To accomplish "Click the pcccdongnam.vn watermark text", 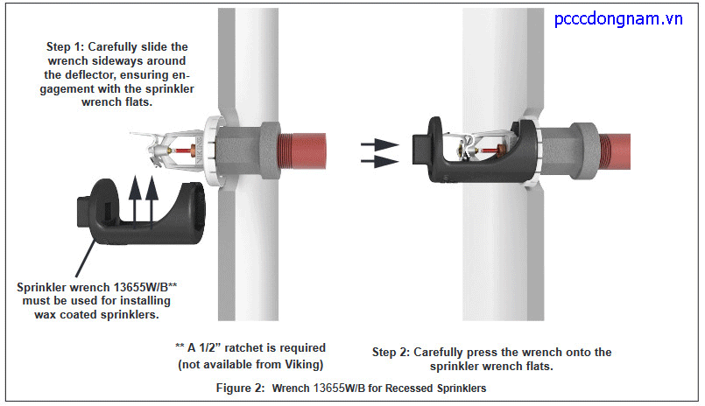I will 618,19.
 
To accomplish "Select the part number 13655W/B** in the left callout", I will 145,287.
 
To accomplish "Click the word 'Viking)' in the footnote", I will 302,362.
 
